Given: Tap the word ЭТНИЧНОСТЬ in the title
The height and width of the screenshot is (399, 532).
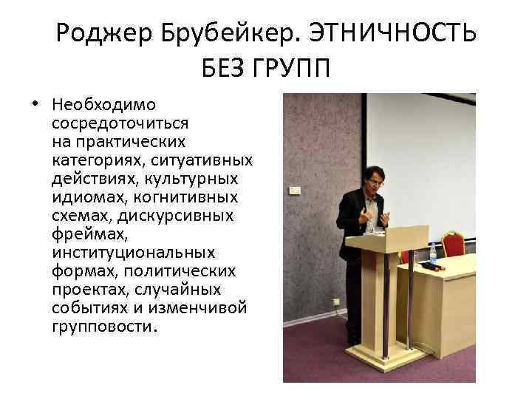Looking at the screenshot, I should [x=392, y=33].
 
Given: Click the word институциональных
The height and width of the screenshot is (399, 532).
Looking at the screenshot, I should [x=134, y=252].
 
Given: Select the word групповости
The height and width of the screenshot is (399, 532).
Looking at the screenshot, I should [x=104, y=326].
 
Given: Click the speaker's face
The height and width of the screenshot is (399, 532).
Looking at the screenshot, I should [x=373, y=181].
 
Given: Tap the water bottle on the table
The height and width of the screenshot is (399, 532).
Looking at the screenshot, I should [x=433, y=254].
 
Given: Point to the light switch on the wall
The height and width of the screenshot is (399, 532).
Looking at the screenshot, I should [x=294, y=190].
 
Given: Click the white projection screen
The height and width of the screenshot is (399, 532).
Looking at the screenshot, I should [x=421, y=159].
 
